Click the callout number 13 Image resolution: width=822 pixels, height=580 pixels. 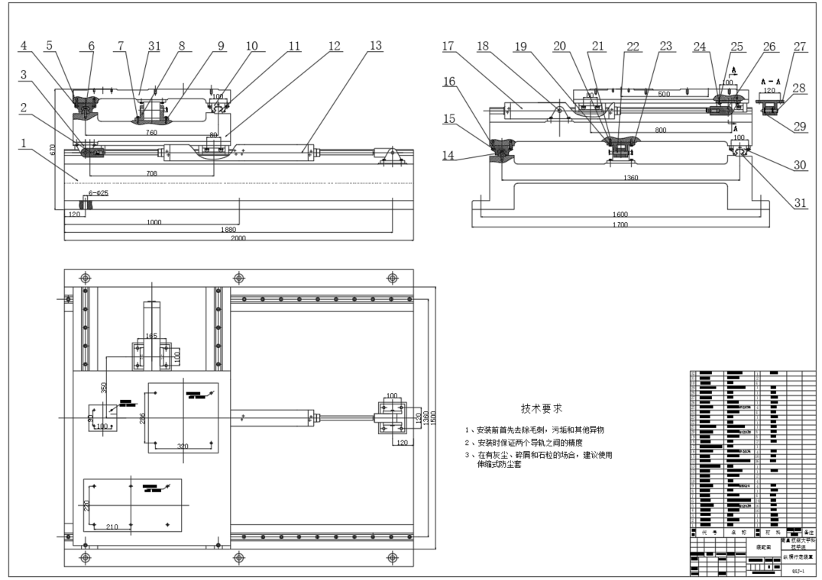374,47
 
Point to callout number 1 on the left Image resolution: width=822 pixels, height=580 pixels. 26,143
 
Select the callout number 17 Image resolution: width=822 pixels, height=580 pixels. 448,47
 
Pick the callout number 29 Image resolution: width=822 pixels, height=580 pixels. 799,127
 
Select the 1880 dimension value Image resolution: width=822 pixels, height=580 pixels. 228,229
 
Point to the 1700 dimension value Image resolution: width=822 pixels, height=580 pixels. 620,225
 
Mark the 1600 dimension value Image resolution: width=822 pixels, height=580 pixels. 620,214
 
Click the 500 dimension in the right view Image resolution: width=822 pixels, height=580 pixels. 663,94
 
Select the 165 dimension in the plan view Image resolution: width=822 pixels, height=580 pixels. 151,335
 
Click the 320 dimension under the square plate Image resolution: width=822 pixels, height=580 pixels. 182,446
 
